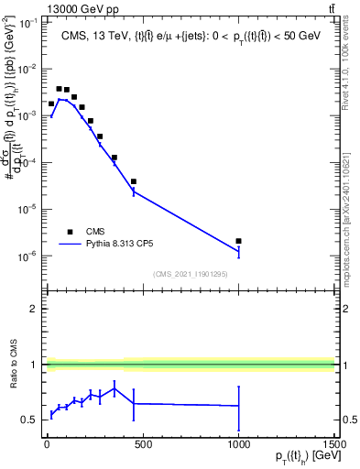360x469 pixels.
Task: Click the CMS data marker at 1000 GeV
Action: [x=238, y=241]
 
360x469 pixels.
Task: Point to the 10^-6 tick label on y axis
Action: [x=26, y=256]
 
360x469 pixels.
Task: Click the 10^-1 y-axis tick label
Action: [x=26, y=23]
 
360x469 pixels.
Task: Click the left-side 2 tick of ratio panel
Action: [x=32, y=309]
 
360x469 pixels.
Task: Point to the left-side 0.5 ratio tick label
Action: [x=27, y=420]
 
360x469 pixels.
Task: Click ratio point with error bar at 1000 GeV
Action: [x=238, y=405]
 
